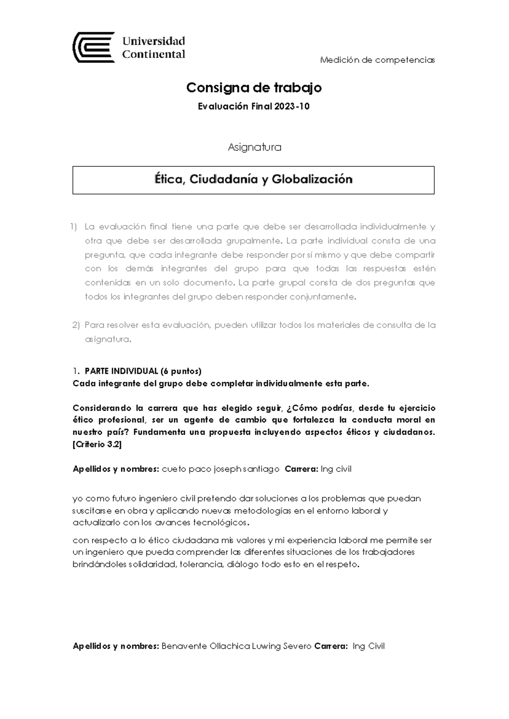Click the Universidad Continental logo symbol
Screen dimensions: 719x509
[x=94, y=47]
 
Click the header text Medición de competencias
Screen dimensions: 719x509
[x=377, y=60]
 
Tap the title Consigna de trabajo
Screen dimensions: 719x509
[x=254, y=88]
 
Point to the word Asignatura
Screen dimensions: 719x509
[x=255, y=147]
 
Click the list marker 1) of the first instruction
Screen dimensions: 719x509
[x=74, y=227]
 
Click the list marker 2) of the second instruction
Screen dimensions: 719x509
[x=76, y=325]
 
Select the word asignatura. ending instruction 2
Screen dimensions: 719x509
[x=108, y=339]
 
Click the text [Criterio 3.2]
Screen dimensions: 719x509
[x=97, y=444]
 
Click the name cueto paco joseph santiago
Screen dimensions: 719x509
[x=221, y=469]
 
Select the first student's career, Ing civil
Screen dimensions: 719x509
[x=336, y=469]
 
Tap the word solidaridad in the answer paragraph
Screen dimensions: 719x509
[x=154, y=565]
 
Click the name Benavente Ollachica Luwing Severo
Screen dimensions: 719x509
[x=236, y=646]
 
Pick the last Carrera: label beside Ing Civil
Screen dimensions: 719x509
[x=330, y=646]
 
